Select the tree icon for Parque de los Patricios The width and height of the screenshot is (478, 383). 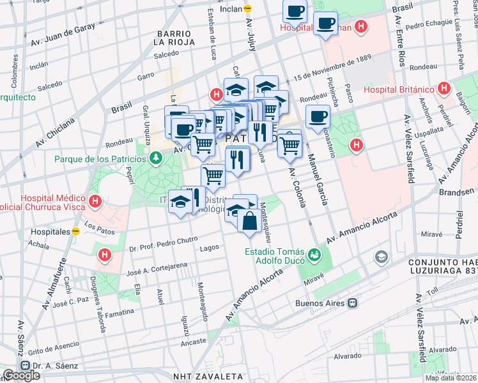click(155, 158)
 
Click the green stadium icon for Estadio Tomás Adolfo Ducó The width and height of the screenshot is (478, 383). click(314, 255)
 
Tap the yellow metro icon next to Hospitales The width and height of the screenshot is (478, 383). click(75, 231)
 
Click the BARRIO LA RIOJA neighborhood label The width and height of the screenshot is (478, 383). click(173, 38)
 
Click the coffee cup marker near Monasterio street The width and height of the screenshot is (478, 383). click(318, 117)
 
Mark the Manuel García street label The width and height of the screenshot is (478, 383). click(318, 179)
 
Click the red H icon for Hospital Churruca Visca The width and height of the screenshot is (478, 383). click(95, 202)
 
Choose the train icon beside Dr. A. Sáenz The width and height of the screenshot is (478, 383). click(26, 366)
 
